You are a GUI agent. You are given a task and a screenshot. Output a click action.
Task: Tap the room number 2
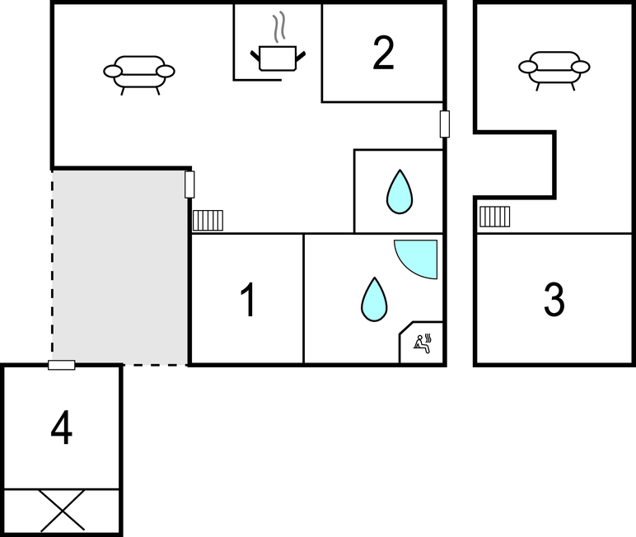point(383,53)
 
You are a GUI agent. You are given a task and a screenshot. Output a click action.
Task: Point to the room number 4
point(62,428)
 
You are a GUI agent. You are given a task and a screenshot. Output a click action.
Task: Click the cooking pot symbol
point(277,58)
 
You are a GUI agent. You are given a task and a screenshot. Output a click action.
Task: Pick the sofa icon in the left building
point(139,72)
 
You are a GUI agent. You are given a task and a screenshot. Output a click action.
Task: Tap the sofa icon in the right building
point(554,68)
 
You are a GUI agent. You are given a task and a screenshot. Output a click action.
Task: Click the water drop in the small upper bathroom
point(400,192)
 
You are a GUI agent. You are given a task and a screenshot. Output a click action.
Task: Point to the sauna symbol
point(423,343)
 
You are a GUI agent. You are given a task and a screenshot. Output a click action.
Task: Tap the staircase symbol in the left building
point(208,220)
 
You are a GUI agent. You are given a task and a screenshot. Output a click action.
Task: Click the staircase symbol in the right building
point(494,216)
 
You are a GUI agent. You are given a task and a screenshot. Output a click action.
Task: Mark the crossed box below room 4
point(63,511)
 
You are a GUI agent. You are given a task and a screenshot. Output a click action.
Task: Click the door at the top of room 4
point(62,365)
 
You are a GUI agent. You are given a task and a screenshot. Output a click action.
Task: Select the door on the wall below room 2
point(445,124)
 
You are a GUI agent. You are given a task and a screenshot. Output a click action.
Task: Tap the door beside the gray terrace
point(189,184)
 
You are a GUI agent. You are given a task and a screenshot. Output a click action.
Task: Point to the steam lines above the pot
point(281,26)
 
